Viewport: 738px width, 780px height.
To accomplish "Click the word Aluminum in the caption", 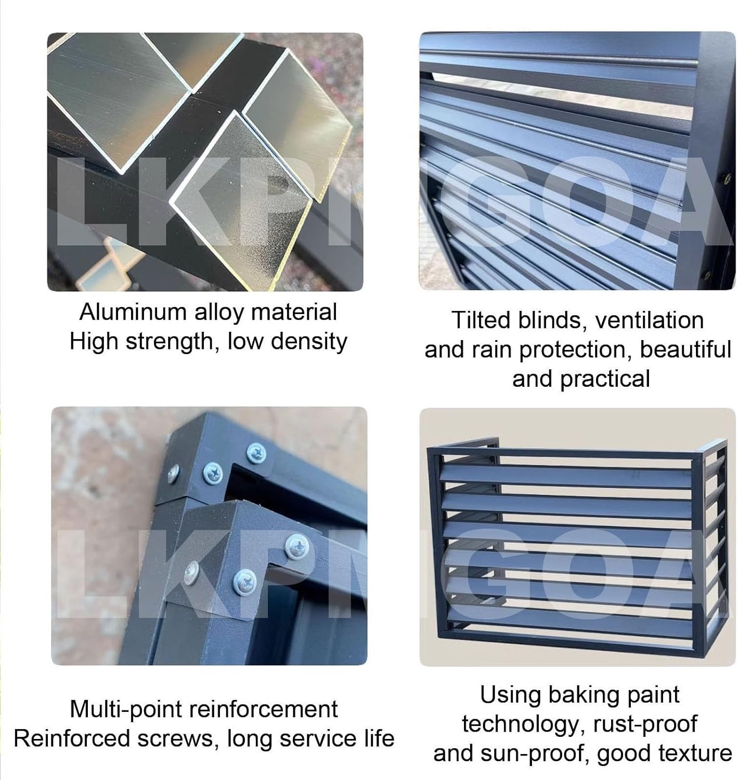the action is (x=133, y=312).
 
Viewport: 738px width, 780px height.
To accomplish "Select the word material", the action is (x=294, y=312).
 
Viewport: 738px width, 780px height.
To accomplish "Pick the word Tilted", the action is (x=481, y=320).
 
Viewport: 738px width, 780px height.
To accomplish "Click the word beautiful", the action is (x=685, y=349).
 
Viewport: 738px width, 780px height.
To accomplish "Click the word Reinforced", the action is (x=72, y=739).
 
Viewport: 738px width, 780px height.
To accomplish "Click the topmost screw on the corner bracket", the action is (x=256, y=453).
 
